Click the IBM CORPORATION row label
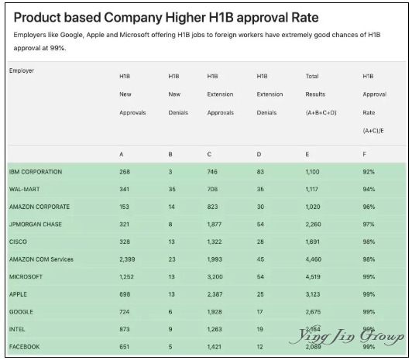36,172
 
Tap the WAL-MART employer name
25,189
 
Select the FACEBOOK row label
25,347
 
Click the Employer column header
22,70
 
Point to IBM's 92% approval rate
369,172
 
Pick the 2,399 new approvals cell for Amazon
127,259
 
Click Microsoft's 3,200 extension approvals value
215,276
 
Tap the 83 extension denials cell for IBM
260,172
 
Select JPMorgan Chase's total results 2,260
313,225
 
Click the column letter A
122,154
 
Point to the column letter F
365,154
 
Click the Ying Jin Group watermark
347,335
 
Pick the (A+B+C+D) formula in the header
321,113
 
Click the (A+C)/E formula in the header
373,131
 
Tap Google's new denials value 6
170,312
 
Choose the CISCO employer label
18,242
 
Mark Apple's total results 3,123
313,294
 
